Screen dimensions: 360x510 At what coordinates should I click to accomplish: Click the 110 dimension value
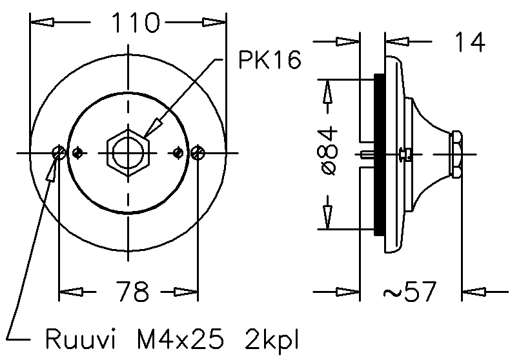click(x=135, y=23)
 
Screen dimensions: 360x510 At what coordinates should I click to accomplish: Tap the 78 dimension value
click(x=134, y=292)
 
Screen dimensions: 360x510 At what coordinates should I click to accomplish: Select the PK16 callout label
click(x=270, y=61)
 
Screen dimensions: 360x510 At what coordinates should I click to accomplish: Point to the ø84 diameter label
click(x=329, y=151)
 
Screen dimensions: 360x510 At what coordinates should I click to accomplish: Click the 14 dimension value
click(x=469, y=43)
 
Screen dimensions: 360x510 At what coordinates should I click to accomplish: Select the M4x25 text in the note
click(x=180, y=338)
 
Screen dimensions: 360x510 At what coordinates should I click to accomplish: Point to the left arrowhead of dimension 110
click(x=42, y=23)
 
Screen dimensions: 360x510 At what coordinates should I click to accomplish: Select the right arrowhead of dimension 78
click(x=187, y=292)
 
